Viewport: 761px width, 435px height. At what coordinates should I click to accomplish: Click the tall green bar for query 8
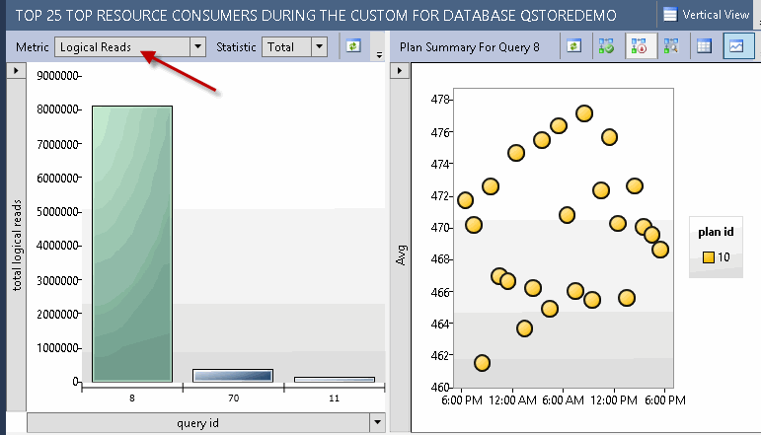(132, 243)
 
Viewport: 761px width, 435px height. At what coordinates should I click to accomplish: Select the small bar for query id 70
(232, 375)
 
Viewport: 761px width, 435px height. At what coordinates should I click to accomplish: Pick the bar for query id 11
(334, 379)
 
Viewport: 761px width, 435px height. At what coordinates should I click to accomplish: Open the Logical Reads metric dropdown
(197, 46)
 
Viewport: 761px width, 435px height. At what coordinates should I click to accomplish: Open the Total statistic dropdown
(319, 46)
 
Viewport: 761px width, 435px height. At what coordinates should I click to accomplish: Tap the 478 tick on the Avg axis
(441, 100)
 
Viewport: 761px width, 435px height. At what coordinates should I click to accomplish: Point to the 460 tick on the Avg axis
(441, 387)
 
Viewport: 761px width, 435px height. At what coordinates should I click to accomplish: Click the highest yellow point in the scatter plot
(584, 113)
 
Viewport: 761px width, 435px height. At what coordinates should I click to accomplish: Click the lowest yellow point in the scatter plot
(482, 363)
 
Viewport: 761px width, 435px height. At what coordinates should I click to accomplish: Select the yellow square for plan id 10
(708, 257)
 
